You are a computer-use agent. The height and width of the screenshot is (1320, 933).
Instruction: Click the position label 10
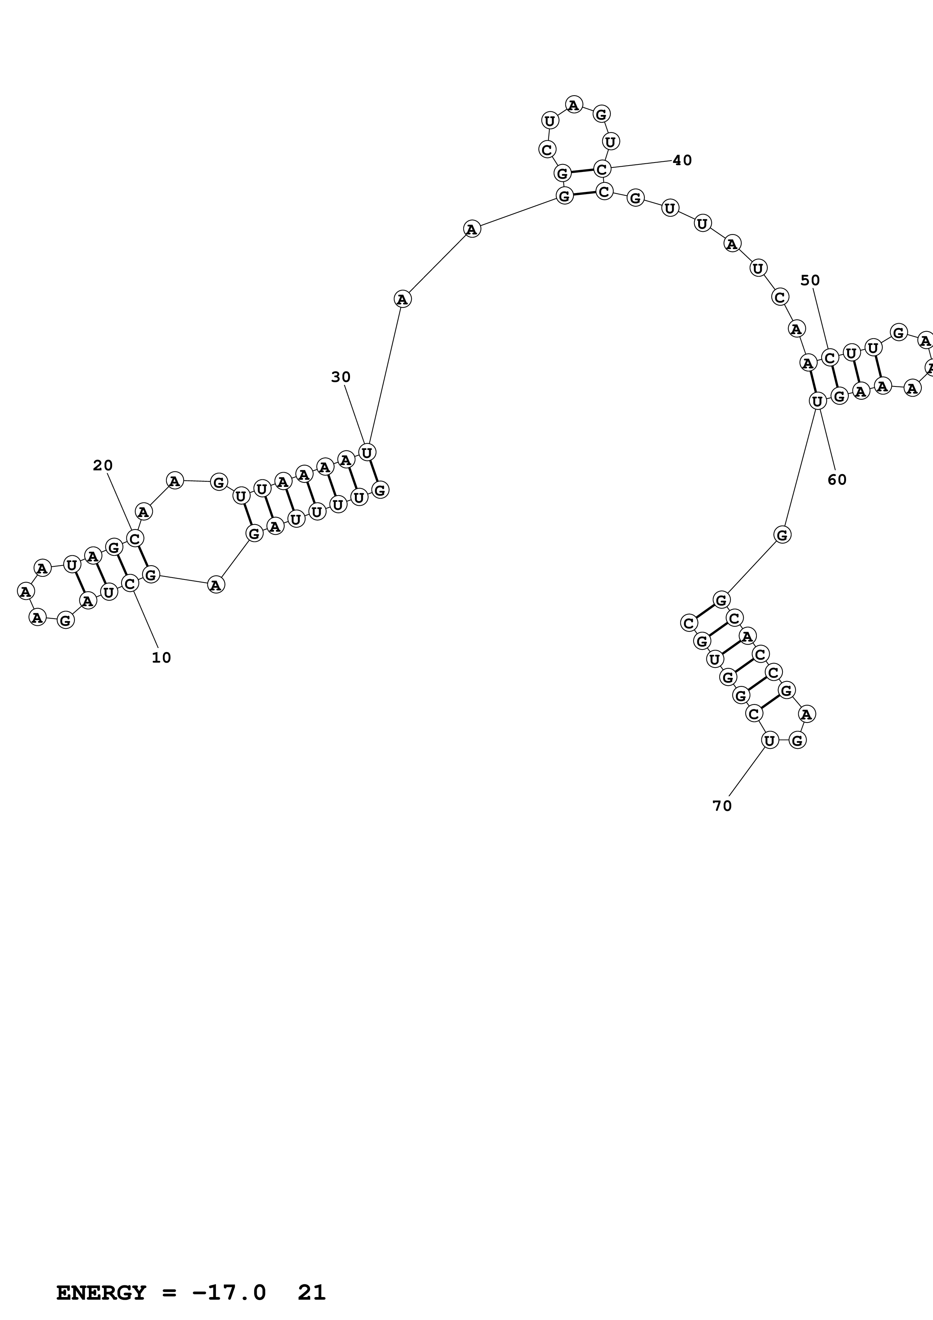161,658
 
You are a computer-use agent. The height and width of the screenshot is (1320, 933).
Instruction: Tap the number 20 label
103,466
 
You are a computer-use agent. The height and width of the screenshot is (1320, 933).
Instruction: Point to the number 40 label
682,160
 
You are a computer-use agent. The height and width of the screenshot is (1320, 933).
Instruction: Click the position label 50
810,281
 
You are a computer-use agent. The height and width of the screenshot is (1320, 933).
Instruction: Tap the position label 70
722,806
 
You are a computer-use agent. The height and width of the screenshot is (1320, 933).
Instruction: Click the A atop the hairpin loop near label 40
574,105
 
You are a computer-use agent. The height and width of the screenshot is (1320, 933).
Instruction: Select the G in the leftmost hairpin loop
65,620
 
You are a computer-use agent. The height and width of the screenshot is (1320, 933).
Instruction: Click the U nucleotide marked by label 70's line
769,741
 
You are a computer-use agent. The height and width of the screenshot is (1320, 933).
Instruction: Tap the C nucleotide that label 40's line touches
602,169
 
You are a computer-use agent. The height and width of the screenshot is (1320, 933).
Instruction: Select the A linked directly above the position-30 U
402,299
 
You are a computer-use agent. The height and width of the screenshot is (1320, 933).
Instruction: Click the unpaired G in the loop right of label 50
898,332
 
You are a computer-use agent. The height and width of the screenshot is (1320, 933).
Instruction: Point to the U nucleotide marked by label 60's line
817,401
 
